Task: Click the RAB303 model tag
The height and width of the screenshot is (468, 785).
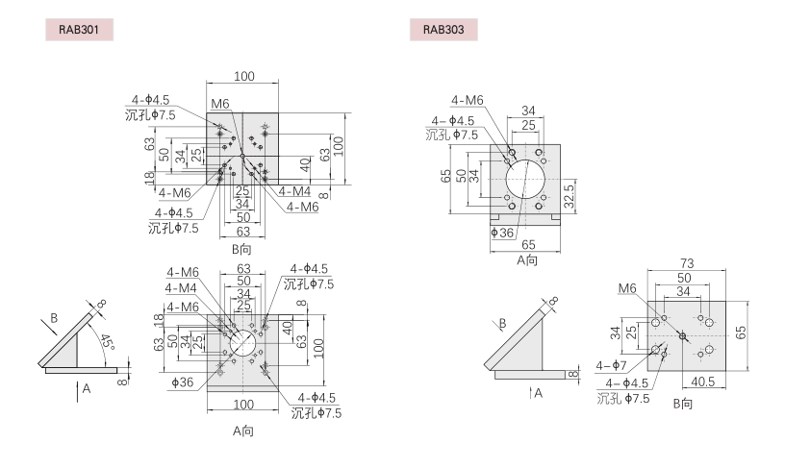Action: coord(444,30)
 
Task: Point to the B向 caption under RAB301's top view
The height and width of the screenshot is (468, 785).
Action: coord(241,248)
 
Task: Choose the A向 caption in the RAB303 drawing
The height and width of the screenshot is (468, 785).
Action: coord(526,259)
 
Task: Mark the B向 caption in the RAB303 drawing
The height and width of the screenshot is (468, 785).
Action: coord(683,403)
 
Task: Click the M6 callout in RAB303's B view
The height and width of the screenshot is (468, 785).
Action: coord(627,287)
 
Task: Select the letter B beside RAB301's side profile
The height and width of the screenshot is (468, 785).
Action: coord(55,316)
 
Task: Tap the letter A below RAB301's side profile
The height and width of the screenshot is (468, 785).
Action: coord(87,389)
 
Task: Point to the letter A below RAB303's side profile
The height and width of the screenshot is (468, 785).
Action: coord(538,393)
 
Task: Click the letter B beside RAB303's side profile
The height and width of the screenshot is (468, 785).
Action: coord(500,323)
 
